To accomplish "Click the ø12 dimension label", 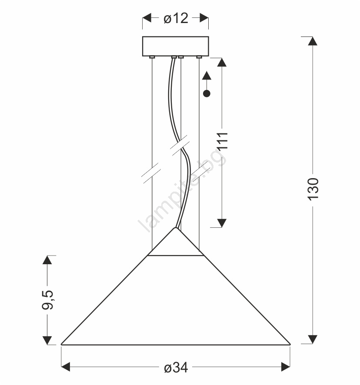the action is coord(176,18).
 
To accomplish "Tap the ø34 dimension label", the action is coord(176,368).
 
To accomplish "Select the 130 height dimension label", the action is coord(313,189).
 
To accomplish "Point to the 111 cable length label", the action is coord(222,140).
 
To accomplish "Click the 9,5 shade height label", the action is coord(47,300).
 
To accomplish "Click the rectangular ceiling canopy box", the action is coord(176,46).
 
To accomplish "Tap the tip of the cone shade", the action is coord(176,228).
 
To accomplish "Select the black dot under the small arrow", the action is coord(207,93).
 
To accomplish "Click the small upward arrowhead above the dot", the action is coord(207,75).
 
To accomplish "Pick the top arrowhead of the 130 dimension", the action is coord(313,41).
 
